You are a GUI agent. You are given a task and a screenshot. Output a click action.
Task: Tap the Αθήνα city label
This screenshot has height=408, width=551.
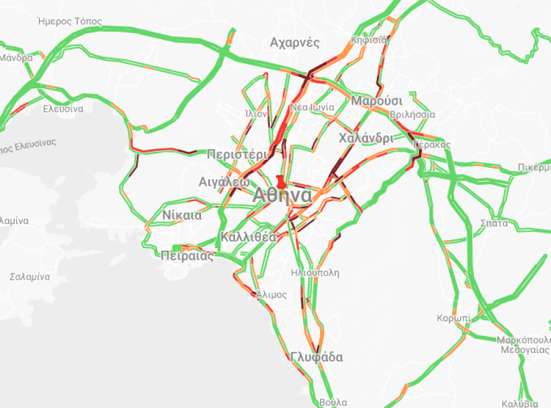282,196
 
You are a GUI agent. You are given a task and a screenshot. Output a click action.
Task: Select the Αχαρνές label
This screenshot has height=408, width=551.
295,43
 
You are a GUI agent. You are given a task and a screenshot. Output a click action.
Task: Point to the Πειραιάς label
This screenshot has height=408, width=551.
187,255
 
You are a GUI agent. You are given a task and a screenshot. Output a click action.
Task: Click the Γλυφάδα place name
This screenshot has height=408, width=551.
317,357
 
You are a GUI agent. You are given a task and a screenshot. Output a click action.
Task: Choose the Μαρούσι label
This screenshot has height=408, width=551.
377,101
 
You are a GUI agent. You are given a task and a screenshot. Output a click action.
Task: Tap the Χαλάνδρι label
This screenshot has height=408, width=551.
366,138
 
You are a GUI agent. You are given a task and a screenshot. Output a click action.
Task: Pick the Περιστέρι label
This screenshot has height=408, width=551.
237,154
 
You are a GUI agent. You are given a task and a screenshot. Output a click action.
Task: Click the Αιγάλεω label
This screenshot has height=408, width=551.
224,182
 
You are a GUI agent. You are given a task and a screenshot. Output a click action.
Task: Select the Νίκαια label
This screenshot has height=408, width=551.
182,215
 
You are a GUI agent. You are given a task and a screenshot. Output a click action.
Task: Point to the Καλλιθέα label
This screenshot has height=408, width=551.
249,237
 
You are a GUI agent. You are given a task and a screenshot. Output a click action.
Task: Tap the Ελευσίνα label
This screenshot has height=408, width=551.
63,108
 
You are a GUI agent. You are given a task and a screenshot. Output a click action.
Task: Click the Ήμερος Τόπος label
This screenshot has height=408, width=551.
70,21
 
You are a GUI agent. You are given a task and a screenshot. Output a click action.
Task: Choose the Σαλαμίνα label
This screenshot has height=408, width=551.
29,276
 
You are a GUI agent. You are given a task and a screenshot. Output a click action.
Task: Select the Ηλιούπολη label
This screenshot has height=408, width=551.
315,273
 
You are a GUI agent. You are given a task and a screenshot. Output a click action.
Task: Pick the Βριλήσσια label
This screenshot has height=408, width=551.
412,115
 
